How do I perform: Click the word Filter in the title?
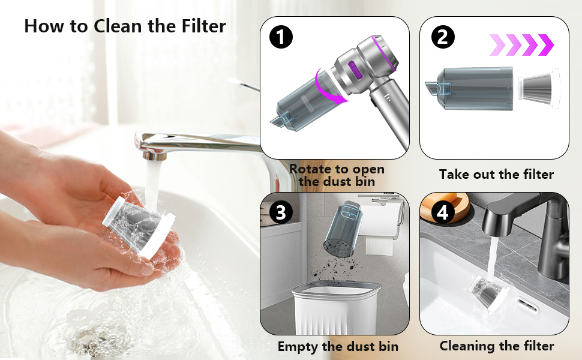point(201,26)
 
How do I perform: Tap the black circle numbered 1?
point(280,37)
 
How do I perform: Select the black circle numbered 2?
point(442,37)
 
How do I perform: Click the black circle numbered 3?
point(280,211)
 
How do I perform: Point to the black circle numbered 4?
point(442,211)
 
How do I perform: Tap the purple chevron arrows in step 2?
point(521,44)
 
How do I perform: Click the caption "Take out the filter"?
point(496,175)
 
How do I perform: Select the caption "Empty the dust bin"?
point(338,346)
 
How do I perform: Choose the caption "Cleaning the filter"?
point(496,346)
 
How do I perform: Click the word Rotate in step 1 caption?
point(310,170)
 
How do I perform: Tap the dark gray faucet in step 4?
point(510,222)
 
